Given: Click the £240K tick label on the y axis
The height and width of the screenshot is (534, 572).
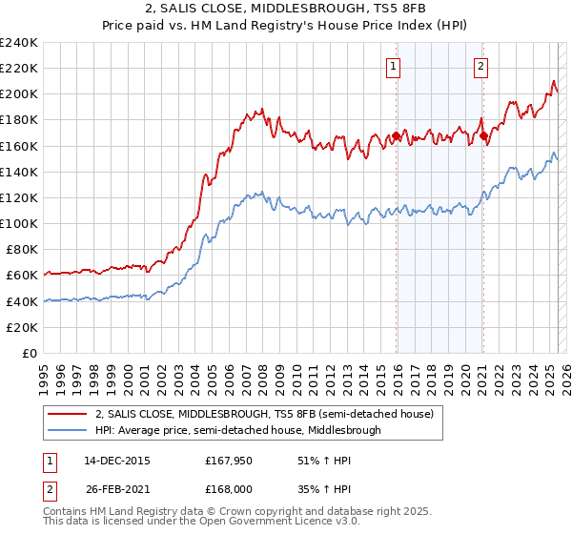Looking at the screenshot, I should pyautogui.click(x=18, y=43).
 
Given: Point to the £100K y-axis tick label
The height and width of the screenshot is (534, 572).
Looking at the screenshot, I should pyautogui.click(x=18, y=223).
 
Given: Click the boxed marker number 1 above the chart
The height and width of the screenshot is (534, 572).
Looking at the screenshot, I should pyautogui.click(x=395, y=66).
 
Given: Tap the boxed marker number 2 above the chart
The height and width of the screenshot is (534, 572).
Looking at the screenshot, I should pyautogui.click(x=480, y=66).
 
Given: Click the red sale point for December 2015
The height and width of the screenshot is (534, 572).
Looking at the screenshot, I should pyautogui.click(x=397, y=136).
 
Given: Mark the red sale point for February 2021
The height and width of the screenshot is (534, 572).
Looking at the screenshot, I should pyautogui.click(x=483, y=136).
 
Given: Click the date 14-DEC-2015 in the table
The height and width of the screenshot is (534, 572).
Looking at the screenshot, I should pyautogui.click(x=116, y=461).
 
